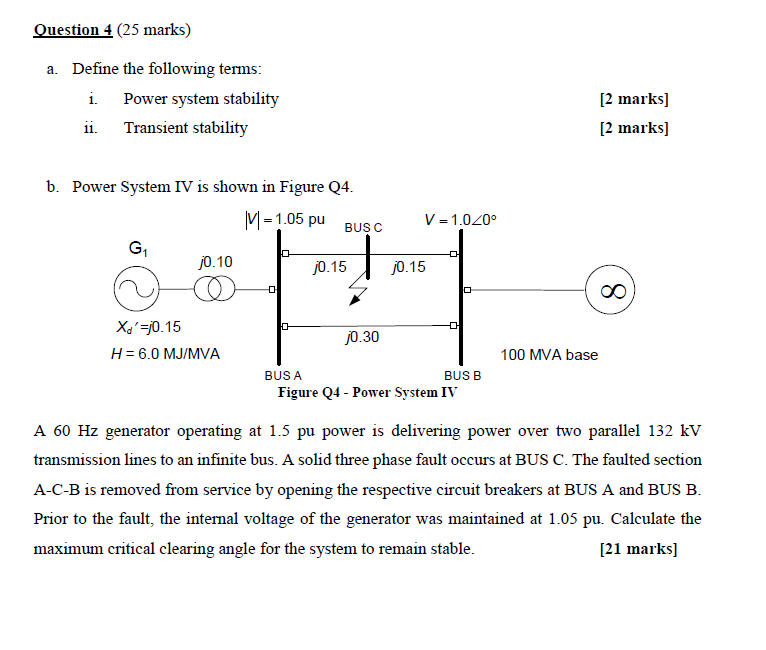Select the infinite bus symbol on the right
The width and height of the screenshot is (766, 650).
pos(610,291)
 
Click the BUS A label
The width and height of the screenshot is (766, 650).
pos(283,375)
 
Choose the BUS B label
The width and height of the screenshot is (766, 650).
pos(462,375)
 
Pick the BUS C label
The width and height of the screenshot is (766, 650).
pos(363,227)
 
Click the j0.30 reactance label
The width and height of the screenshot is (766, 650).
pos(361,338)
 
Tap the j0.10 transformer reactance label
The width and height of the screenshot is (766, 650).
pos(215,262)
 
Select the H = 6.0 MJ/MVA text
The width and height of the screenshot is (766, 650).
pos(166,354)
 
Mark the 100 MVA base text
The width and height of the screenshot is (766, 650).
pos(549,355)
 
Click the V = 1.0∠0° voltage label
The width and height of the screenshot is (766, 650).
pos(460,220)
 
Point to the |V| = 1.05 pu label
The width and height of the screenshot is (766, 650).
pos(285,219)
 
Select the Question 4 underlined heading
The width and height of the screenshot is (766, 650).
pos(73,30)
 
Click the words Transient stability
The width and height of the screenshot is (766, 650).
pos(185,128)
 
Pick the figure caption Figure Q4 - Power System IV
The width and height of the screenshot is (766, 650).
pos(367,392)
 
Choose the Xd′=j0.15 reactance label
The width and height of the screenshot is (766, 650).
pos(149,327)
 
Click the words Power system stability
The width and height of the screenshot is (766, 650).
pos(201,99)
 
